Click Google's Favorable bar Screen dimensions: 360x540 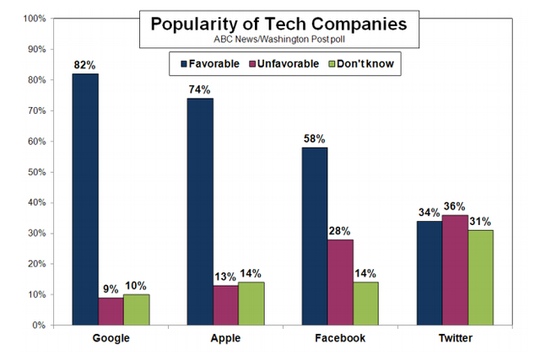pos(85,199)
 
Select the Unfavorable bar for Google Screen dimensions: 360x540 pos(111,311)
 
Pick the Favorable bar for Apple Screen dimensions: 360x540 pos(201,212)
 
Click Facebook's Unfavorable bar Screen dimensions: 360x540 pos(341,282)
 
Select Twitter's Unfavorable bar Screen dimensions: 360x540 pos(456,270)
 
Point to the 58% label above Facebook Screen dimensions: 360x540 pos(315,139)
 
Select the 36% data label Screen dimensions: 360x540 pos(456,207)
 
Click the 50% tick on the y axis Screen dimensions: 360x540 pos(35,172)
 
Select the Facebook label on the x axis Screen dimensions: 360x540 pos(341,338)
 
